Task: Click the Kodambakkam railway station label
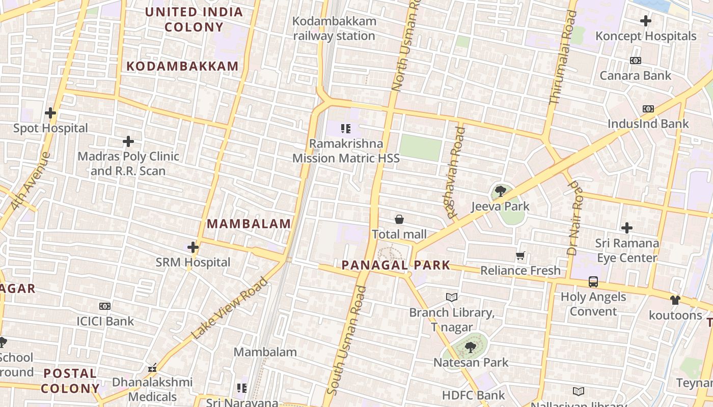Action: coord(335,28)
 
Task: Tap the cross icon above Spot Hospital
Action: coord(50,113)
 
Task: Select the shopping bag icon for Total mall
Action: coord(399,219)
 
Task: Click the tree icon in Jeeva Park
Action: coord(500,191)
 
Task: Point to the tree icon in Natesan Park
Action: coord(471,347)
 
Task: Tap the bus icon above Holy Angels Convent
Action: coord(593,282)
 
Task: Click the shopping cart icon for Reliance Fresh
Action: coord(520,256)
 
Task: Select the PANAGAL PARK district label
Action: coord(396,265)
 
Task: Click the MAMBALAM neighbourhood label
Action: coord(249,224)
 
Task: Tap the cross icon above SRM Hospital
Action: coord(193,248)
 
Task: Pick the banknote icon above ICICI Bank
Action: coord(105,306)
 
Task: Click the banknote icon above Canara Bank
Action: coord(635,61)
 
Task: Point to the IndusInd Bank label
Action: coord(648,124)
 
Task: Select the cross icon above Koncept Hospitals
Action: coord(646,21)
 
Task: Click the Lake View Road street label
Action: coord(230,308)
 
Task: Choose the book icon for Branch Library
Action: coord(452,297)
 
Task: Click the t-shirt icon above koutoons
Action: coord(675,300)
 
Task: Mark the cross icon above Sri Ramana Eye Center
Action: coord(627,228)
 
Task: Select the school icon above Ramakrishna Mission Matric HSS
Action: coord(346,129)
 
